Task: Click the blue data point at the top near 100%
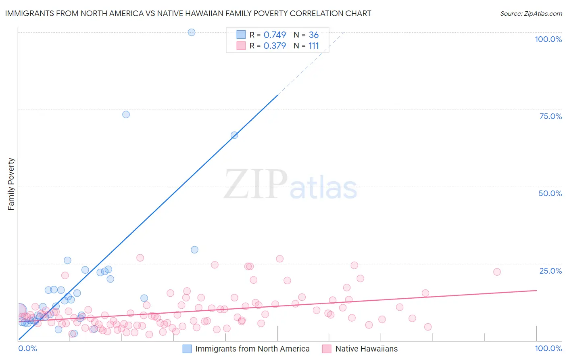(x=192, y=32)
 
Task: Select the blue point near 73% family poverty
(x=126, y=115)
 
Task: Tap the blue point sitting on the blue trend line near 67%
(x=234, y=135)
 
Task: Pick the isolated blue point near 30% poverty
(x=194, y=250)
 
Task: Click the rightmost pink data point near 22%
(x=497, y=272)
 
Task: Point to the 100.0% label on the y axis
(x=548, y=39)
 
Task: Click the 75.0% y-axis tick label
(x=550, y=116)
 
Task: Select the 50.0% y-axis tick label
(x=550, y=193)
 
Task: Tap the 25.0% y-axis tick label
(x=550, y=271)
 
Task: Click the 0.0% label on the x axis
(x=27, y=348)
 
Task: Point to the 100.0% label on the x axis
(x=548, y=348)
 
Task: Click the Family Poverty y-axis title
(x=11, y=184)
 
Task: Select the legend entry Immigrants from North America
(x=252, y=349)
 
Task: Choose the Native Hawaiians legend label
(x=366, y=349)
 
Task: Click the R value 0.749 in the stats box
(x=275, y=35)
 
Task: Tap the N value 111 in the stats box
(x=314, y=46)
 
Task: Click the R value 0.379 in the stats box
(x=275, y=46)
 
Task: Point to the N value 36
(x=314, y=35)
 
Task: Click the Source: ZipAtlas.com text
(x=531, y=14)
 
